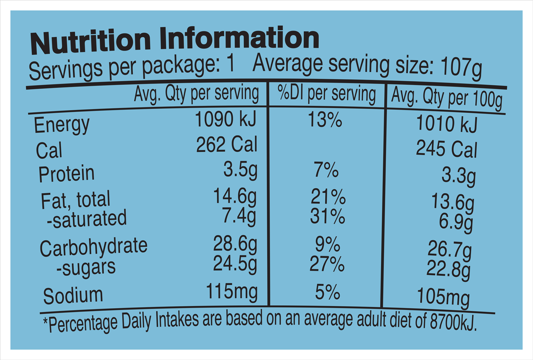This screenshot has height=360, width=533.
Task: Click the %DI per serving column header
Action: click(326, 94)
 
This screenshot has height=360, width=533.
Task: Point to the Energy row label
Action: click(62, 125)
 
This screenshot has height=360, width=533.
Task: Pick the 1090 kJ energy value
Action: click(226, 120)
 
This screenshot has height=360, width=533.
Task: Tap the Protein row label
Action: click(67, 174)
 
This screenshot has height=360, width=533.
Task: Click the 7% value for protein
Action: click(325, 171)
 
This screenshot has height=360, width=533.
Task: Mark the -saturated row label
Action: click(87, 219)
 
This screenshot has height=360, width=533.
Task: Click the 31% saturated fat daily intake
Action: click(327, 217)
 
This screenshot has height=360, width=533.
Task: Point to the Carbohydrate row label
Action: click(93, 248)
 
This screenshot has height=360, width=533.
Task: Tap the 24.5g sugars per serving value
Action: click(235, 265)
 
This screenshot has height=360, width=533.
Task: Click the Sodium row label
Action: click(73, 296)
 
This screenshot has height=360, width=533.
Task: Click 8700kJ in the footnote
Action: click(453, 323)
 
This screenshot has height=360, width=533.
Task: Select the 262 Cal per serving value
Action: click(227, 145)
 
